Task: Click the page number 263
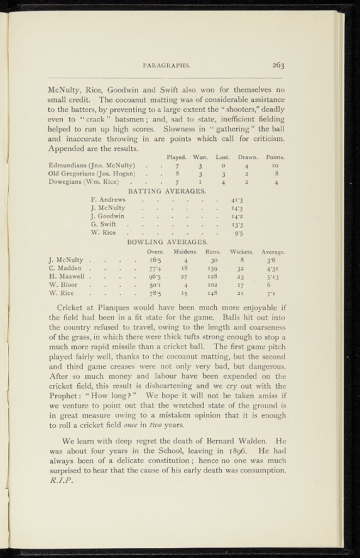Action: coord(279,65)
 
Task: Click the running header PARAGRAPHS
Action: coord(166,66)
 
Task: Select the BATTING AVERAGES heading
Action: coord(167,191)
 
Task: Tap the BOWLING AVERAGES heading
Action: coord(167,241)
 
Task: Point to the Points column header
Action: coord(276,157)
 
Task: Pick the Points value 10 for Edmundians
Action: coord(276,165)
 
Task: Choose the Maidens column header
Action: coord(185,252)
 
